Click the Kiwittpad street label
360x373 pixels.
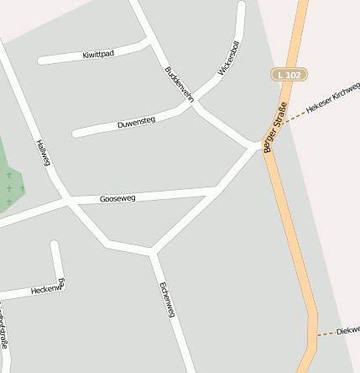(x=98, y=53)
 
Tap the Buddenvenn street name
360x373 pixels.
(x=180, y=83)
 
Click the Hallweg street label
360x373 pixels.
(x=44, y=153)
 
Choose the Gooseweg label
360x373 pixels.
(x=117, y=199)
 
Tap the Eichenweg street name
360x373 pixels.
(x=166, y=298)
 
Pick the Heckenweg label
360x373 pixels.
(x=47, y=288)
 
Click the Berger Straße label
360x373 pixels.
(x=275, y=127)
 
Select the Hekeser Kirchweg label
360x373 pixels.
(x=333, y=98)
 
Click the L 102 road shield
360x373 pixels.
(x=286, y=75)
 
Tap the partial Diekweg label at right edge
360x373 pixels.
(x=347, y=330)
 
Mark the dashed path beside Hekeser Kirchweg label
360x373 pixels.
(x=294, y=118)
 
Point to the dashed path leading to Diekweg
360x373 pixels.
(x=326, y=334)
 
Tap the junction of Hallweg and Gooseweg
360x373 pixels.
(x=66, y=201)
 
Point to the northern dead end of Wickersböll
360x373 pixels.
(x=242, y=6)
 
